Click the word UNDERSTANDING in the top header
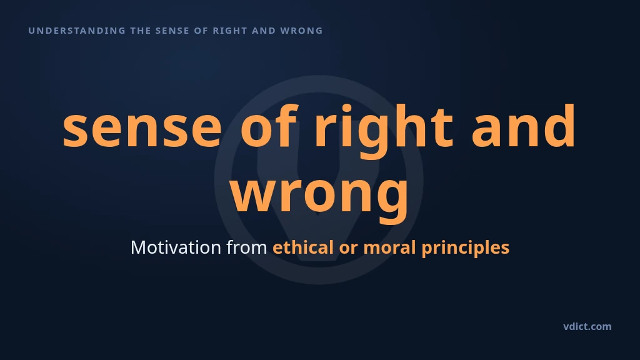(77, 31)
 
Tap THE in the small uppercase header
(141, 31)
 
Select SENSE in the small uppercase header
(172, 31)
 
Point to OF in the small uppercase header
(201, 31)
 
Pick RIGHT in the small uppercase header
(230, 31)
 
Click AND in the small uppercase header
(264, 31)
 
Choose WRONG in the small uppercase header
(301, 31)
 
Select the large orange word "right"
(384, 131)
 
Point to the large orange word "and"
(523, 125)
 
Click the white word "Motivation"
(176, 247)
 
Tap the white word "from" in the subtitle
(246, 247)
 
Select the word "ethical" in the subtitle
(303, 247)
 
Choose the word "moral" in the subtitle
(389, 247)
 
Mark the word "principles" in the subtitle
(465, 248)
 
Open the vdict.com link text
(587, 326)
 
